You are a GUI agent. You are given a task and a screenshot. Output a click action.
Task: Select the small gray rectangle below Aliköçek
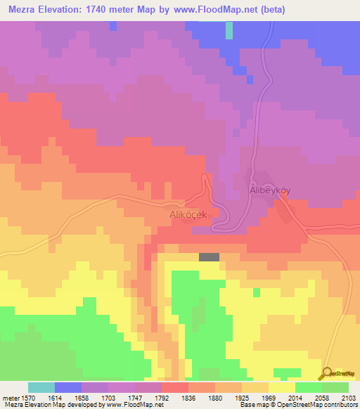(x=209, y=257)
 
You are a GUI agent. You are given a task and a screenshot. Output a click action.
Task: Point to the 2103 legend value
(x=348, y=398)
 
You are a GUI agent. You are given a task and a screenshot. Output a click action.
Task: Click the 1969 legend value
(x=268, y=398)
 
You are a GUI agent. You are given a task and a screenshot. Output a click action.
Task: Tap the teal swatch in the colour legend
(x=41, y=388)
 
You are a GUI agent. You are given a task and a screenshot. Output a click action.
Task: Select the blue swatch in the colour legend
(x=68, y=388)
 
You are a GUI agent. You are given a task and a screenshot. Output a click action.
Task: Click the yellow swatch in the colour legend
(x=281, y=388)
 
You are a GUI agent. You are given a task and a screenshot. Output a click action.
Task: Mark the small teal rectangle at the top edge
(x=229, y=30)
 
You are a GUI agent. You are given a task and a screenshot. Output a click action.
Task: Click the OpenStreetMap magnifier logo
(x=327, y=375)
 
